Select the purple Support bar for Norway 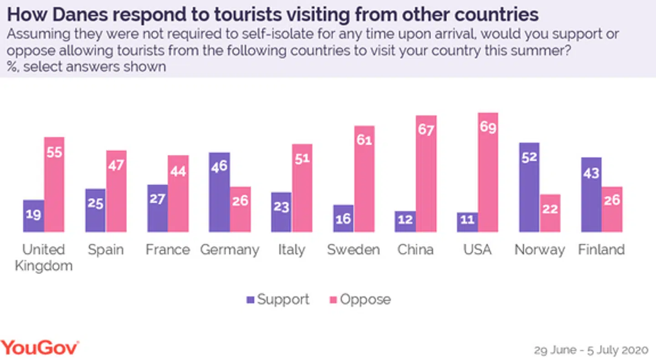click(x=529, y=187)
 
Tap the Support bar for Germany click(x=220, y=192)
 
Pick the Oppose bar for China click(x=426, y=173)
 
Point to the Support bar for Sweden click(x=343, y=218)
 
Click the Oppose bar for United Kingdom click(x=54, y=184)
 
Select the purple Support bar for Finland click(x=591, y=195)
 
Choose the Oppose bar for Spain click(x=116, y=191)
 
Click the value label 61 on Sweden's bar click(x=364, y=140)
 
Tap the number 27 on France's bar click(x=158, y=200)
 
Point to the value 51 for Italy click(x=302, y=159)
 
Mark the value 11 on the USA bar click(x=467, y=220)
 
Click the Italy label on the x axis click(x=292, y=250)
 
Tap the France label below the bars click(x=168, y=250)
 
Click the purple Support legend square click(x=250, y=300)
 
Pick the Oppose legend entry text click(x=365, y=299)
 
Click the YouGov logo click(x=40, y=348)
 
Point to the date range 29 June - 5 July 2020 click(x=591, y=350)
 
